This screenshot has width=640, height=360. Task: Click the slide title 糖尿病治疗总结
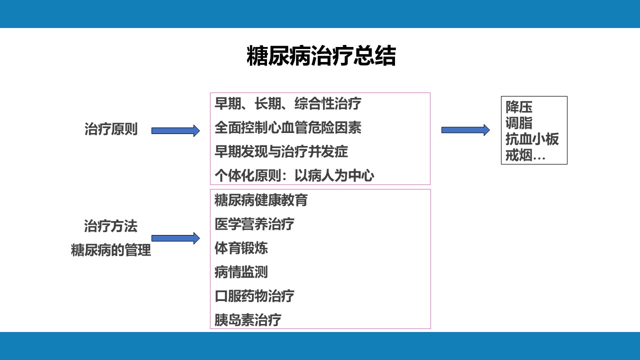321,55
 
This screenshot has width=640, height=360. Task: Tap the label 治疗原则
111,129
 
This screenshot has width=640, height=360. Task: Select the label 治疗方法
111,226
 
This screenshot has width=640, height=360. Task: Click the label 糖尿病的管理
111,250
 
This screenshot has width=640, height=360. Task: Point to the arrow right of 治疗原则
175,131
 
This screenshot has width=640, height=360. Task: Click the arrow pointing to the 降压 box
465,130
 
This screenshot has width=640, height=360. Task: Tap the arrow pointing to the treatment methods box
175,238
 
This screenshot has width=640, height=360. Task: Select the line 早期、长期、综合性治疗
288,103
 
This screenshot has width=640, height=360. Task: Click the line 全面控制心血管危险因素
288,127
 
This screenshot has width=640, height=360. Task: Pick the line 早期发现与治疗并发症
281,151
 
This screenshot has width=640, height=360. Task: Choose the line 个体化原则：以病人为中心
294,175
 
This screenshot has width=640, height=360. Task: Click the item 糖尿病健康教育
261,200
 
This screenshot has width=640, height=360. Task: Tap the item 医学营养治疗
254,224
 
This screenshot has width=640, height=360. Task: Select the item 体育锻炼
241,248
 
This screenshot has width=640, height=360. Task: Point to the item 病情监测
241,272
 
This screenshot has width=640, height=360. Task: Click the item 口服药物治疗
254,296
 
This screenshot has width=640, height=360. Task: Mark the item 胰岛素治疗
248,320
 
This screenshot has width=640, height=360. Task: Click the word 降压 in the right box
519,107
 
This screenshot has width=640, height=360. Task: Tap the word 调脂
519,123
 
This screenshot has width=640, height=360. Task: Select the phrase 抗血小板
532,139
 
